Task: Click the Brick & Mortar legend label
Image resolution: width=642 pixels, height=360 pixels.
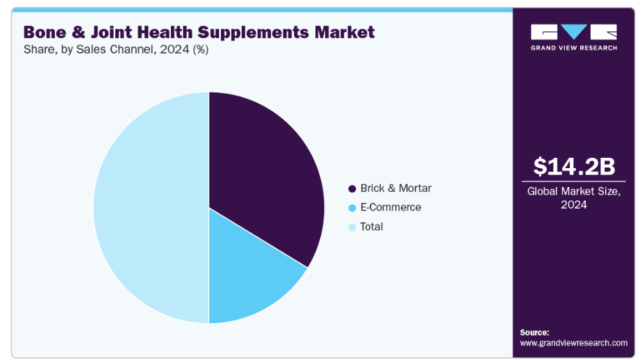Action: point(395,188)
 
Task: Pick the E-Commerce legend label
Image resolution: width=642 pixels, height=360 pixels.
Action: point(390,207)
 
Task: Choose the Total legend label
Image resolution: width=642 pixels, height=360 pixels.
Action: point(372,227)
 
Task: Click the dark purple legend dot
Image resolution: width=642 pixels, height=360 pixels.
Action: point(352,189)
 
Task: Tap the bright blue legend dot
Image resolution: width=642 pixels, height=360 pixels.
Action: point(352,208)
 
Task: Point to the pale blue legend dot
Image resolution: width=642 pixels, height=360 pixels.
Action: point(352,227)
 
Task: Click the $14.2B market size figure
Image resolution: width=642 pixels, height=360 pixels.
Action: point(574,167)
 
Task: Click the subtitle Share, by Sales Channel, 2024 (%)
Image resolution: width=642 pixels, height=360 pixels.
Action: point(116,50)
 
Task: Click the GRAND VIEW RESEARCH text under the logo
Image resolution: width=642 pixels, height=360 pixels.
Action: point(574,48)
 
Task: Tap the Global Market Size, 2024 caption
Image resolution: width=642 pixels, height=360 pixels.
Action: point(574,197)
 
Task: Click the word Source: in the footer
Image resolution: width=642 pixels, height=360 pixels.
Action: point(534,332)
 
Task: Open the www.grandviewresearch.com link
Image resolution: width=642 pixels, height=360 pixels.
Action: point(573,343)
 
